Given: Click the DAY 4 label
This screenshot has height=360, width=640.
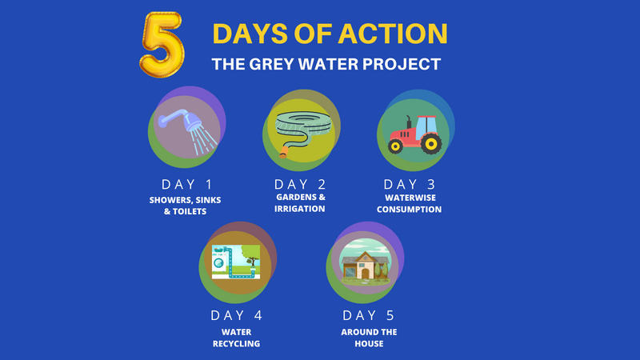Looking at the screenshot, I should [238, 315].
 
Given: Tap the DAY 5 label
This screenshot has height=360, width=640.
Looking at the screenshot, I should [368, 315].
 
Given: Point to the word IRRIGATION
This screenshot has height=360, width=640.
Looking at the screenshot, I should [300, 209].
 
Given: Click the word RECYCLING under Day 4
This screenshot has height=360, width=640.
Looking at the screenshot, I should [238, 344].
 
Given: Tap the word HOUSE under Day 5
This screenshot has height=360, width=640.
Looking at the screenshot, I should [368, 344].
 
